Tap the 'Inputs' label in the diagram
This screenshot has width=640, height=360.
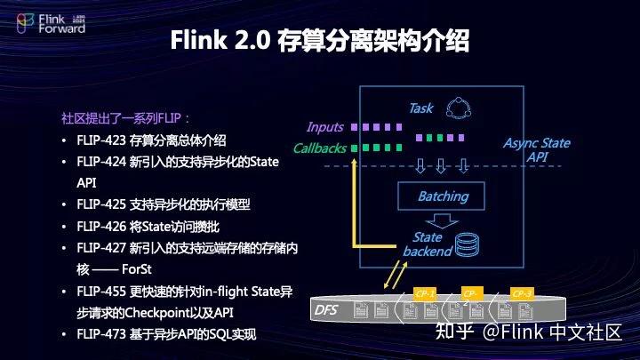(x=324, y=127)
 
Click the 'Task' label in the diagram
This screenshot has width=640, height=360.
(x=420, y=108)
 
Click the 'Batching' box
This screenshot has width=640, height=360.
(x=443, y=196)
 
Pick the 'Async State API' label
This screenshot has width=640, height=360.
(x=536, y=149)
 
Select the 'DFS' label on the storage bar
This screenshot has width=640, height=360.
(x=325, y=310)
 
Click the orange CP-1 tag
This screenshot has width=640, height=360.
(x=425, y=293)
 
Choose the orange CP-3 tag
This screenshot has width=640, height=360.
(x=522, y=293)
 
